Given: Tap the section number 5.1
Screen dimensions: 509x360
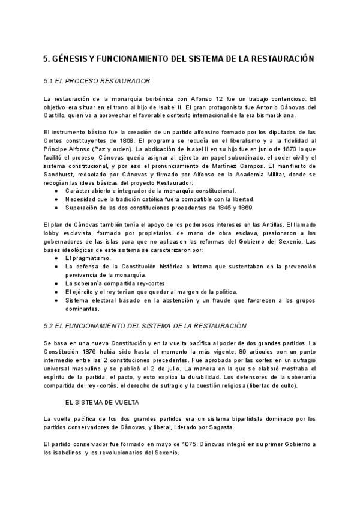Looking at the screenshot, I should coord(50,81).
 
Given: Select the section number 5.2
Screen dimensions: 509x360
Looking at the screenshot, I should coord(50,326).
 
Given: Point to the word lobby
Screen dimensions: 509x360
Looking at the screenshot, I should coord(52,233).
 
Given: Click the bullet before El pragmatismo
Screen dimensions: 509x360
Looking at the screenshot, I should coord(56,258).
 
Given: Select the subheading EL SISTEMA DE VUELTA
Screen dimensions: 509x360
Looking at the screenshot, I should coord(101,401).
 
